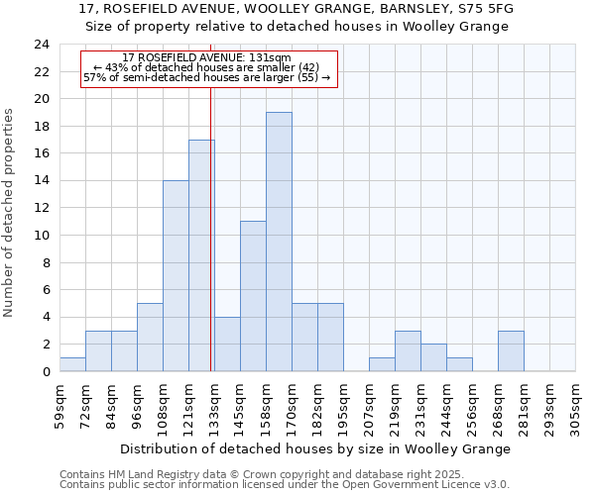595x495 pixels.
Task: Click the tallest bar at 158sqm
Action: click(279, 242)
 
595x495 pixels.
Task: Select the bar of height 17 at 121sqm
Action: click(201, 255)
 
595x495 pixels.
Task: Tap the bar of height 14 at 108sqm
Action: click(176, 276)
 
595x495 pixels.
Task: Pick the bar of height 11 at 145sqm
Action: click(253, 296)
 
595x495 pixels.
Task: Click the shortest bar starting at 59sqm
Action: click(72, 364)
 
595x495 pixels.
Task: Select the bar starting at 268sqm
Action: click(511, 351)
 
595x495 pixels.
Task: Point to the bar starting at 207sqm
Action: click(382, 364)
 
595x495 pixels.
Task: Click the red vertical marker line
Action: click(211, 228)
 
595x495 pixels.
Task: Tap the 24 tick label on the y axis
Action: click(41, 45)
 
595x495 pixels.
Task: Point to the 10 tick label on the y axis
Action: click(41, 236)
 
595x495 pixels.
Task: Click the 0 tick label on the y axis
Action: click(45, 372)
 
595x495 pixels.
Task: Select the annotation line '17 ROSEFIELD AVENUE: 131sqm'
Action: click(207, 58)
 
